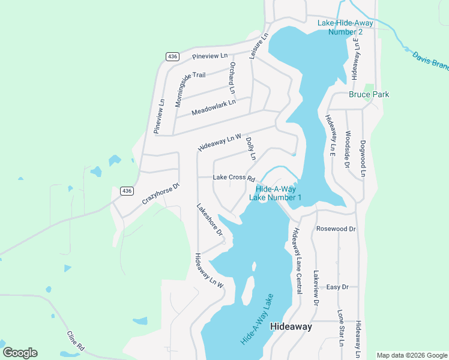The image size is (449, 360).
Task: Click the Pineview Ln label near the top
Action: (210, 56)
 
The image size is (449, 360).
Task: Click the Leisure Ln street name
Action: (257, 46)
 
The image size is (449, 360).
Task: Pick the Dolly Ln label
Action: (251, 148)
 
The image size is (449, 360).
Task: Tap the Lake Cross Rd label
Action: (234, 178)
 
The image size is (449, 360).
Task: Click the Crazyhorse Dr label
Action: (161, 194)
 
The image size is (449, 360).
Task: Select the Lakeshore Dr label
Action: (209, 219)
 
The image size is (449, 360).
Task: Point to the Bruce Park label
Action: (369, 94)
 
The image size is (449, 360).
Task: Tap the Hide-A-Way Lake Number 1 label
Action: (274, 193)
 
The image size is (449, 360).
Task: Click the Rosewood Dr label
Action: (336, 229)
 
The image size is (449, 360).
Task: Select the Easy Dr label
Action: (337, 287)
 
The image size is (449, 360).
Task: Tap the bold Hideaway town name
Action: (291, 326)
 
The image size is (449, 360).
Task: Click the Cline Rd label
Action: (76, 340)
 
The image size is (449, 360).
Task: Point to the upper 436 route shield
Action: (173, 56)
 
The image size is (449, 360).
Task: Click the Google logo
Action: (20, 353)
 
